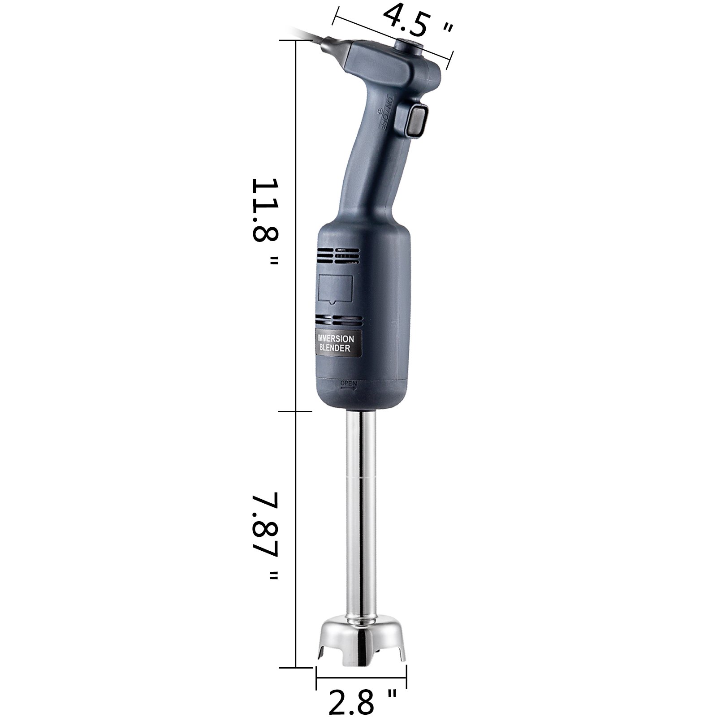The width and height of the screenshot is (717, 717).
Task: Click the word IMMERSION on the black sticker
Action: (x=336, y=339)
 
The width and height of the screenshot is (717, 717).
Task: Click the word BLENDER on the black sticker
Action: (x=335, y=348)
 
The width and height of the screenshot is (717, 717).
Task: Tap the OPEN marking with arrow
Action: (x=349, y=384)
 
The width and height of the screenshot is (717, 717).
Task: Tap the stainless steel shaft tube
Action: (x=361, y=515)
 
